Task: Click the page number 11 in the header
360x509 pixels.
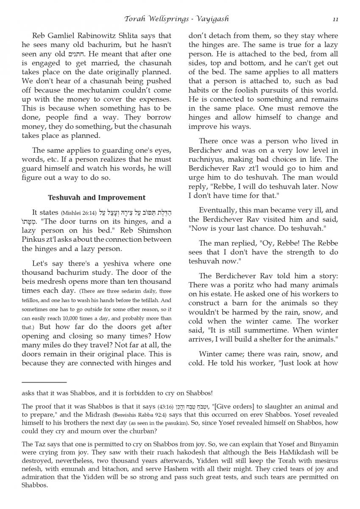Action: coord(335,19)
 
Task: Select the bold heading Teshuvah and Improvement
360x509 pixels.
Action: coord(97,197)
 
